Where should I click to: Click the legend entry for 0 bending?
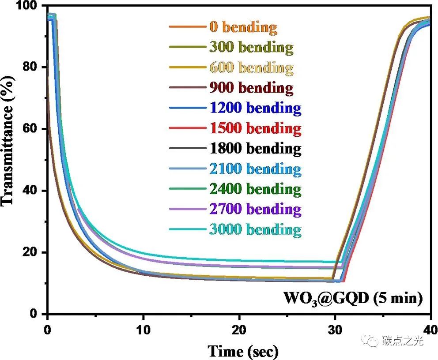[x=243, y=27]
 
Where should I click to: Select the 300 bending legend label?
[x=251, y=47]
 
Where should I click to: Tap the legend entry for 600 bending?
[x=251, y=67]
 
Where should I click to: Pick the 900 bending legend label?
[x=251, y=87]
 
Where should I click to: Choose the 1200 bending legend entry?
[x=255, y=108]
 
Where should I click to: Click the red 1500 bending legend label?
[x=255, y=128]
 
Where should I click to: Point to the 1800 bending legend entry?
[x=255, y=148]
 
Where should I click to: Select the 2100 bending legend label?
[x=255, y=169]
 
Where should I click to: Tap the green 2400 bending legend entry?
[x=255, y=189]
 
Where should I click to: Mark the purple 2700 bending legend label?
[x=255, y=209]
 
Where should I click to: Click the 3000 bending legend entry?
[x=255, y=229]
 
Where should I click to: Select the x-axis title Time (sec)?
[x=243, y=351]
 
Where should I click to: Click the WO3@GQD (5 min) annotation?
[x=353, y=299]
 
